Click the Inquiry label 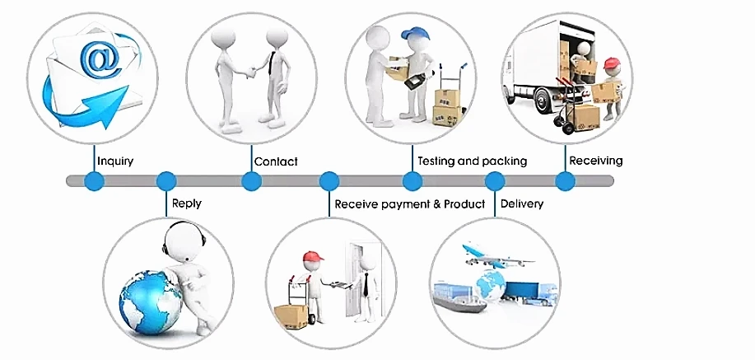click(x=115, y=161)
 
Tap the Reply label click(x=186, y=203)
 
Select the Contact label click(x=276, y=161)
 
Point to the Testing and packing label click(x=472, y=161)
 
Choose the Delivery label click(x=522, y=203)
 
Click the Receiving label click(x=596, y=160)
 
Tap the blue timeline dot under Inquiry click(x=95, y=180)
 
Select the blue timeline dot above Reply click(x=166, y=180)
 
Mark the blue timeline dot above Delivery click(x=495, y=180)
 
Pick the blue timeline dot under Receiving click(x=565, y=180)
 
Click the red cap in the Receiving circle click(x=610, y=63)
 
